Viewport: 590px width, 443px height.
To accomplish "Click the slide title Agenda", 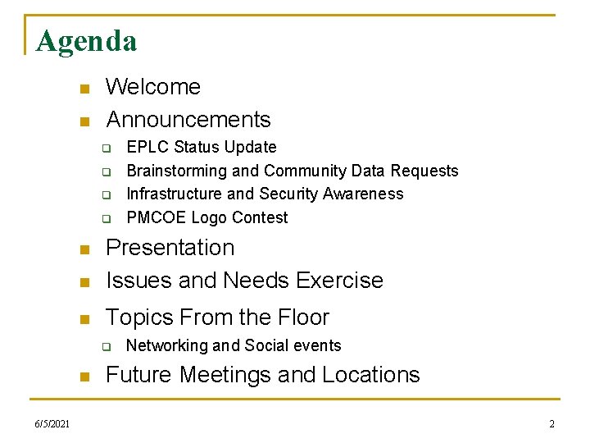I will [x=86, y=40].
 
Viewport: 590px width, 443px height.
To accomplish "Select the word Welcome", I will [x=153, y=87].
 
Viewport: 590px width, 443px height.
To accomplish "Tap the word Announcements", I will [x=188, y=120].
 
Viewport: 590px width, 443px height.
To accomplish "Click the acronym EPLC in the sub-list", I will [x=144, y=148].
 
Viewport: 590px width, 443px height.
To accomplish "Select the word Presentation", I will [x=170, y=248].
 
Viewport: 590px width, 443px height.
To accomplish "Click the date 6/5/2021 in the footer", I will [x=52, y=423].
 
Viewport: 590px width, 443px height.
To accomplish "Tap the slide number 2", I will [x=551, y=423].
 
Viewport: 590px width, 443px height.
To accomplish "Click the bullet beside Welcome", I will [x=82, y=89].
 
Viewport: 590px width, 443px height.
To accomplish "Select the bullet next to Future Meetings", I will [x=82, y=377].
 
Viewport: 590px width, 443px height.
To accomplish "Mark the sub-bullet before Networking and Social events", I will [x=106, y=347].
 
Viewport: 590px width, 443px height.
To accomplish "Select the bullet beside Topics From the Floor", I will [x=82, y=319].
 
